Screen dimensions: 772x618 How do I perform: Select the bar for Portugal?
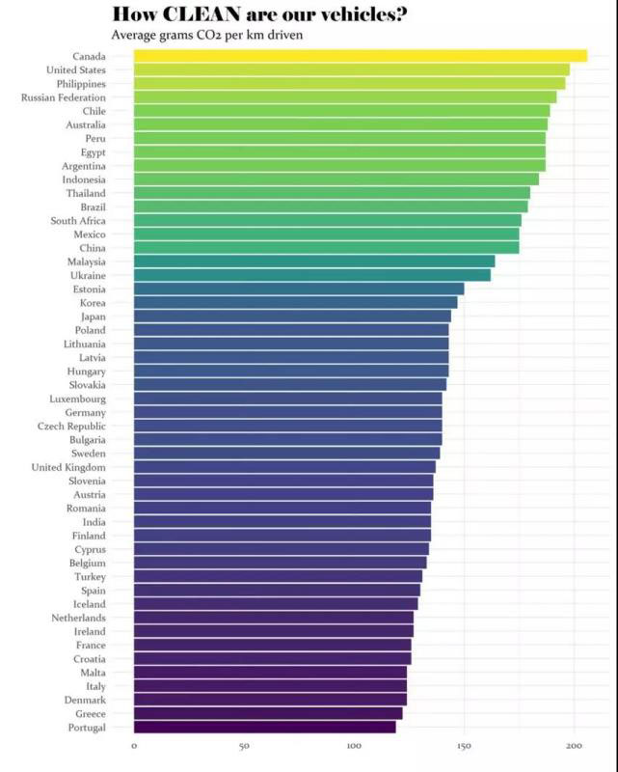pyautogui.click(x=264, y=727)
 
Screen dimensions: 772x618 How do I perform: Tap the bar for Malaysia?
pyautogui.click(x=313, y=262)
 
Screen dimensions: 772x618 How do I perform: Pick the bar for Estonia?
pyautogui.click(x=298, y=289)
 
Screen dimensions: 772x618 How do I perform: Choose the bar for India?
pyautogui.click(x=282, y=522)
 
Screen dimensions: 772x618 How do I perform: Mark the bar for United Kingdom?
pyautogui.click(x=284, y=467)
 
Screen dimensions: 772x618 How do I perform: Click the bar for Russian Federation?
pyautogui.click(x=344, y=97)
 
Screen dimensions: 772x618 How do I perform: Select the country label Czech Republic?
pyautogui.click(x=71, y=427)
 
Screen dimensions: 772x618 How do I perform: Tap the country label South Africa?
pyautogui.click(x=78, y=221)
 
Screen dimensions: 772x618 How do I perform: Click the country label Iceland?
pyautogui.click(x=90, y=604)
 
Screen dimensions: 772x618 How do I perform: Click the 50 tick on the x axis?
pyautogui.click(x=244, y=746)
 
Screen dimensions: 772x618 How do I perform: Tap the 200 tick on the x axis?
pyautogui.click(x=574, y=746)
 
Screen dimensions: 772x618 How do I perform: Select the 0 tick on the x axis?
pyautogui.click(x=134, y=746)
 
